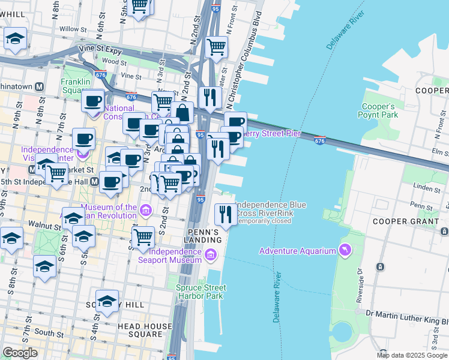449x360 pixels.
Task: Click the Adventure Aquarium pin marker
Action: point(345,250)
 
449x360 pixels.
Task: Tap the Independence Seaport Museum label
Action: point(170,256)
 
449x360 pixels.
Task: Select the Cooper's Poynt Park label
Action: point(378,110)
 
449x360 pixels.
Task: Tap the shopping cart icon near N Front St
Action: point(216,46)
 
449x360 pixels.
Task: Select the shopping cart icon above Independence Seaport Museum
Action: point(143,236)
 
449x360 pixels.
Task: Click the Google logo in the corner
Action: point(20,353)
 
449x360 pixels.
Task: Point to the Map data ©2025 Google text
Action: point(412,355)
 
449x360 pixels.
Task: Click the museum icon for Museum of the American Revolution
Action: point(145,209)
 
